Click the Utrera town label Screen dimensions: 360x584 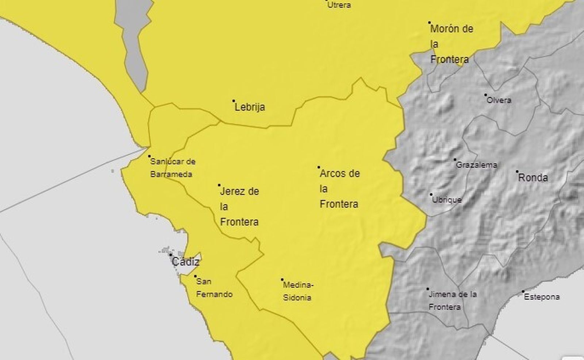click(339, 5)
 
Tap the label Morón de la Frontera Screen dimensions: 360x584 click(452, 44)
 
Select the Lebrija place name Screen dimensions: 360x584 click(250, 107)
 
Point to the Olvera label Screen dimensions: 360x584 click(499, 100)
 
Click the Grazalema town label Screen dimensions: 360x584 click(476, 165)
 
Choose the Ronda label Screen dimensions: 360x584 click(533, 178)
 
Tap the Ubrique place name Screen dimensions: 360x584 click(447, 200)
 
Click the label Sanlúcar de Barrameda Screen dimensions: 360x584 click(172, 168)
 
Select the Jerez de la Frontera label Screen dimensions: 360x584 click(239, 206)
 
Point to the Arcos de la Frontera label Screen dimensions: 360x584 click(339, 189)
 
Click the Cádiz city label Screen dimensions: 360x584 click(185, 262)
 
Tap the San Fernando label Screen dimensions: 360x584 click(214, 288)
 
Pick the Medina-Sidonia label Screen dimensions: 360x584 click(298, 291)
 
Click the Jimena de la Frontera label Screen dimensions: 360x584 click(453, 301)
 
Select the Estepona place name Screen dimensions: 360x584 click(542, 297)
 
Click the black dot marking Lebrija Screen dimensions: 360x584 click(234, 101)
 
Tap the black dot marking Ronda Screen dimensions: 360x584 click(517, 171)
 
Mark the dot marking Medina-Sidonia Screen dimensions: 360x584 click(282, 280)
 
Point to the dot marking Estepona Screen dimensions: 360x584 click(523, 291)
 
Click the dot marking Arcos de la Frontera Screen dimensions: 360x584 click(319, 167)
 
